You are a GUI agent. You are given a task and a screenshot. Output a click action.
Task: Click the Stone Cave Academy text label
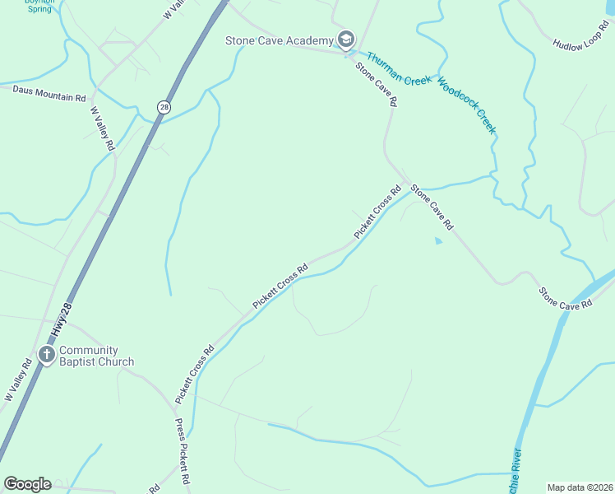279,40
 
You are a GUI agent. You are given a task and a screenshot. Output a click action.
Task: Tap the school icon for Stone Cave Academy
345,40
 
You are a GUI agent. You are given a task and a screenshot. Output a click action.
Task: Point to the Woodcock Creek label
467,105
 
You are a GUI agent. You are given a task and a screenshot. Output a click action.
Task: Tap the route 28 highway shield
164,107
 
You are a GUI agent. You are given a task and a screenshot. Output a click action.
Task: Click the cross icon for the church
47,355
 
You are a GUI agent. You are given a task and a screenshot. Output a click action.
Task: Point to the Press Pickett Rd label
183,452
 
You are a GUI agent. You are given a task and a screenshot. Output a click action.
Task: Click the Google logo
27,484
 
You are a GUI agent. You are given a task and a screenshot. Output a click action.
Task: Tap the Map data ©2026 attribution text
580,487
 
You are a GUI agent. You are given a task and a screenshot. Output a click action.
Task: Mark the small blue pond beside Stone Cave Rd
437,240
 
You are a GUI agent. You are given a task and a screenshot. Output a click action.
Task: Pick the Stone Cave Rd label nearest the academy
377,85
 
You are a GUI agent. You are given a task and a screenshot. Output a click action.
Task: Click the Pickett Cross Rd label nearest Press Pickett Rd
194,373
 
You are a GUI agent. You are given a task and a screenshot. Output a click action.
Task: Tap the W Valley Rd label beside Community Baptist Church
18,380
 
